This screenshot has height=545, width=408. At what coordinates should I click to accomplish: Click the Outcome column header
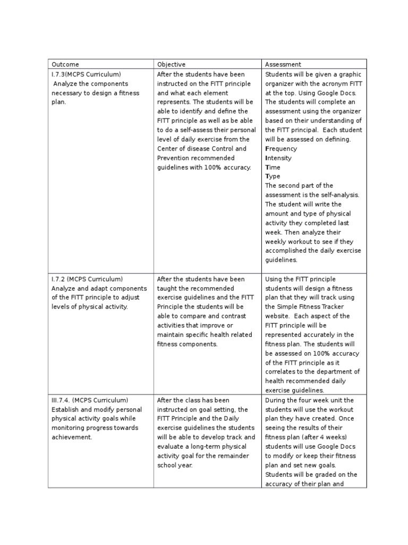point(65,64)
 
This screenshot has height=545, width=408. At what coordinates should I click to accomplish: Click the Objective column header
point(172,64)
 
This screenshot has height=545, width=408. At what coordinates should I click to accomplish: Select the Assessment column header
point(283,64)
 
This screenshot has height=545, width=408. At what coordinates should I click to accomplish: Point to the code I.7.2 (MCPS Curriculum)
point(87,279)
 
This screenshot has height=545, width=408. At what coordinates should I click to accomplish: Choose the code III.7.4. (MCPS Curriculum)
point(90,400)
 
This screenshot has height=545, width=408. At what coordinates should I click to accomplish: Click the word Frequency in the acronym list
point(281,148)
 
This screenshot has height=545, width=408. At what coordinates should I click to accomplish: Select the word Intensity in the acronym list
point(278,158)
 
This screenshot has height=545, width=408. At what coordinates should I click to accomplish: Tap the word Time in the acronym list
point(273,167)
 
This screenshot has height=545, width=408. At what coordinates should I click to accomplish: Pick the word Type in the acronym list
point(273,176)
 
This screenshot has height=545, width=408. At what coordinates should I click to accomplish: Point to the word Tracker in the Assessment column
point(333,307)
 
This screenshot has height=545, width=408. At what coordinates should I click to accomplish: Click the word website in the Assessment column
point(278,316)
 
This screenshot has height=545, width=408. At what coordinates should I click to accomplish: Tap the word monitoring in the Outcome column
point(69,428)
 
